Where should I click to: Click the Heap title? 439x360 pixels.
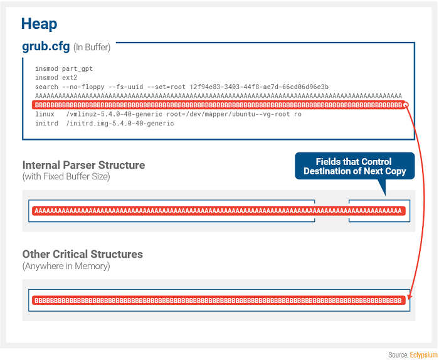39,24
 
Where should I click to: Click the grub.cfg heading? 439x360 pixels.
46,46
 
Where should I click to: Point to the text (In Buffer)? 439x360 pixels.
92,47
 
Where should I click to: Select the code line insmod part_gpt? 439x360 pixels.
64,68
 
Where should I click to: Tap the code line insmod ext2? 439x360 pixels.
56,78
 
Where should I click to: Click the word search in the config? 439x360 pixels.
46,87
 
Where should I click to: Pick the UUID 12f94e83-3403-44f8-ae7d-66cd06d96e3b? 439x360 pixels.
259,87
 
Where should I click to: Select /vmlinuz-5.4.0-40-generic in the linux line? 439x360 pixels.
114,114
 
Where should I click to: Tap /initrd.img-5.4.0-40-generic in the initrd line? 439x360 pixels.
120,124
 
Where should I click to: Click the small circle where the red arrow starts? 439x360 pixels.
406,105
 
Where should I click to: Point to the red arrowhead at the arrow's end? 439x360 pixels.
410,297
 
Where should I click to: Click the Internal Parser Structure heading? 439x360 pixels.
83,165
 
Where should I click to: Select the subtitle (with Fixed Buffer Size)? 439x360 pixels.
66,177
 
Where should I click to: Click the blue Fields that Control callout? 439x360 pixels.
355,166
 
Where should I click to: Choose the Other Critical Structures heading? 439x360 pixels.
83,254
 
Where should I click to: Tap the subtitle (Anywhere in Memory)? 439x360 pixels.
66,266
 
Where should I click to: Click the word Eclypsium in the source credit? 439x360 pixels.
424,355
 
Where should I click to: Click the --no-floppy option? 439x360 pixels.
83,87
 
